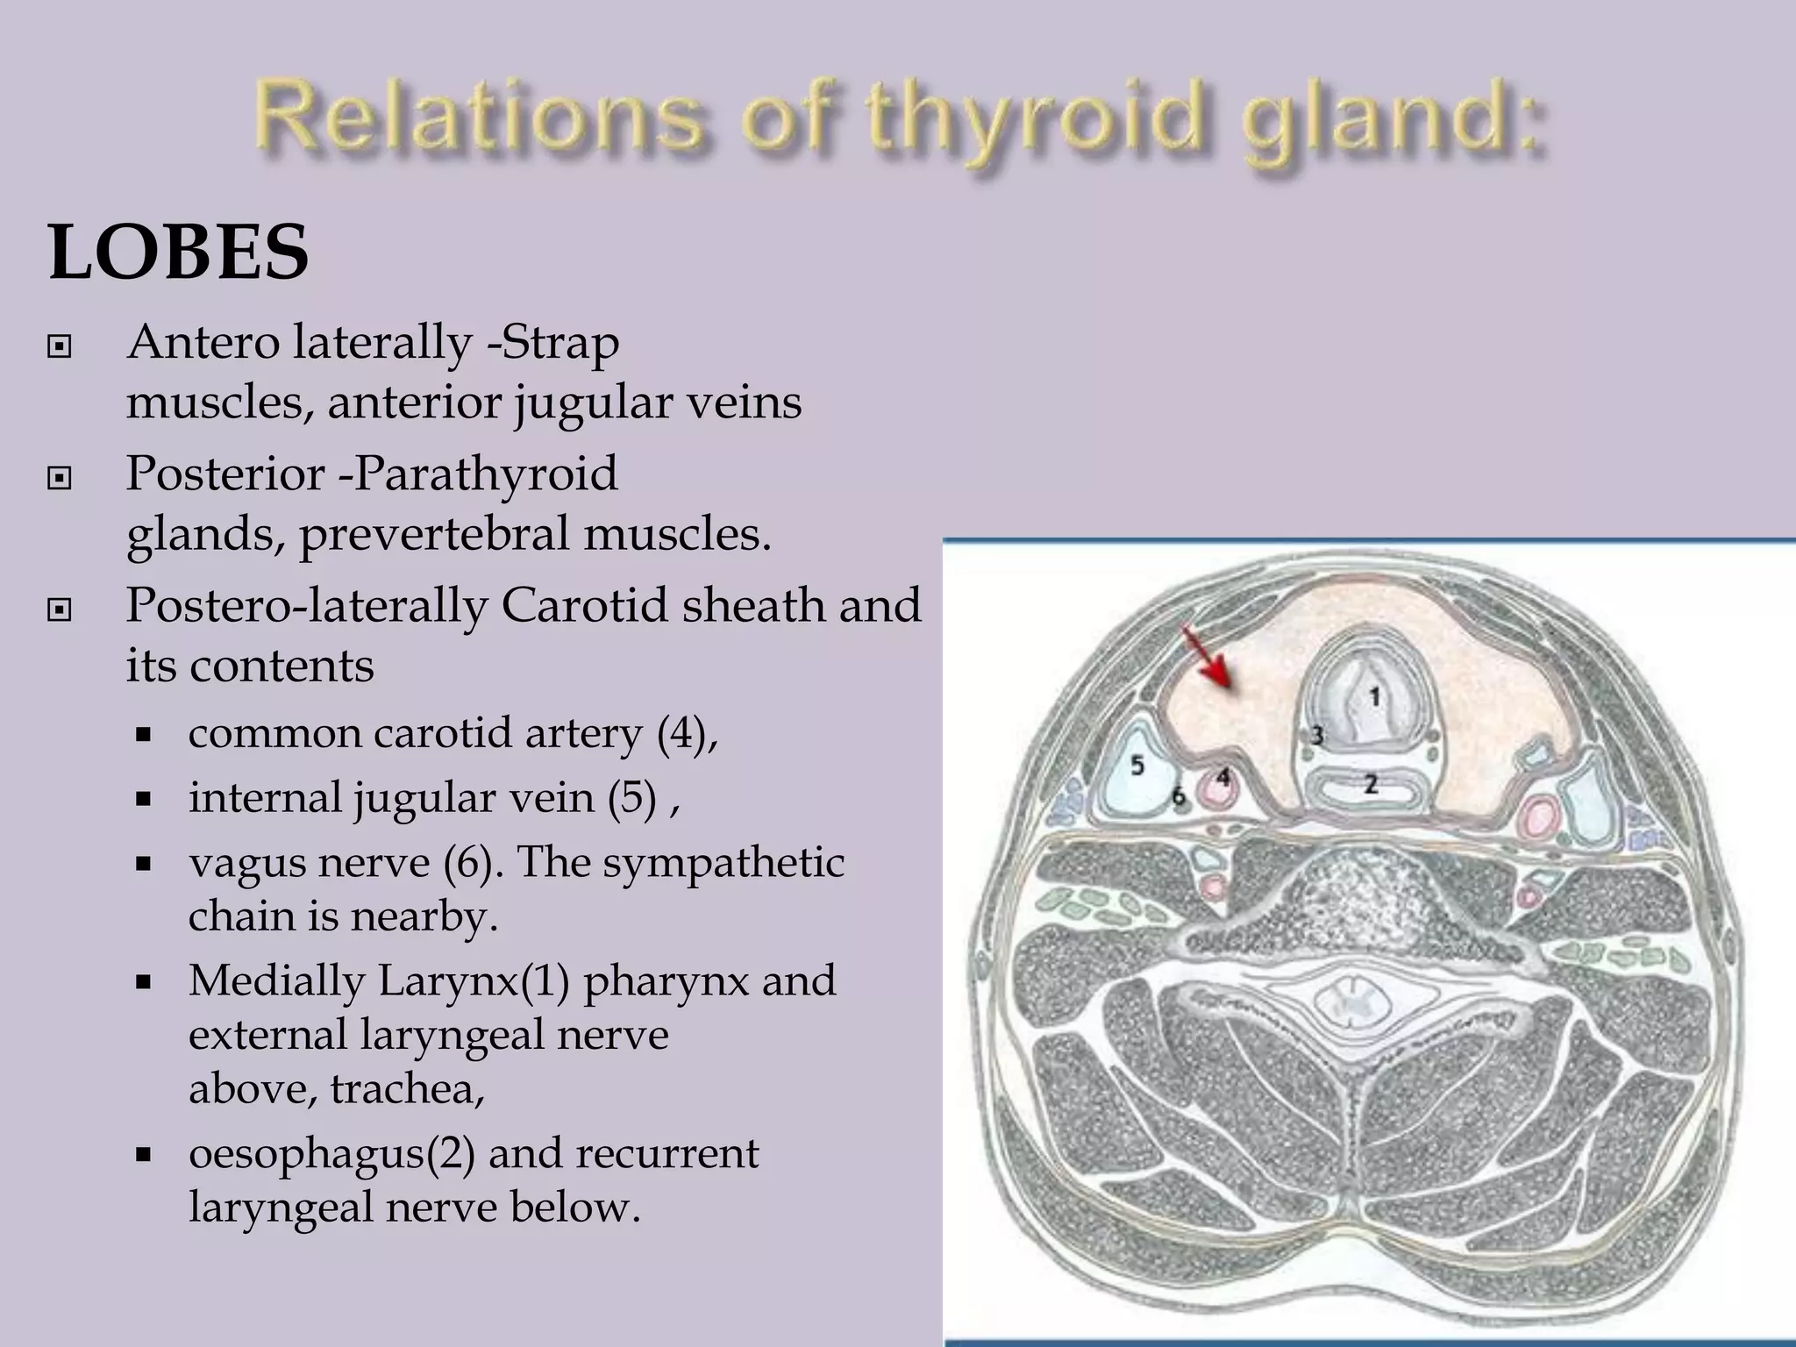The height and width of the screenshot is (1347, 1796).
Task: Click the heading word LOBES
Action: (x=179, y=253)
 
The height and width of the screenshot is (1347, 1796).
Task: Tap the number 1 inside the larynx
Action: (x=1374, y=697)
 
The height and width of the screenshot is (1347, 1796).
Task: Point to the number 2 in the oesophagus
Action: (x=1371, y=783)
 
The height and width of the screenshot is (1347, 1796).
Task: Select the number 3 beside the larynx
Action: (x=1316, y=735)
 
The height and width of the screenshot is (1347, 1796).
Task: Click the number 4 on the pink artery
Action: (x=1222, y=778)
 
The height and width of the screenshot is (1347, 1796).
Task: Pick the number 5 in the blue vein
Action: (x=1137, y=766)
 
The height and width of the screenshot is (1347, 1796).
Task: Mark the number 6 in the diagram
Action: (x=1180, y=795)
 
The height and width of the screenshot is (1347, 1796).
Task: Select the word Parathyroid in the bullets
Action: (x=486, y=474)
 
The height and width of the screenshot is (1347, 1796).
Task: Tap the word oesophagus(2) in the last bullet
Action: (x=331, y=1152)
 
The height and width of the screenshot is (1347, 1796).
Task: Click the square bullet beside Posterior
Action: (x=59, y=478)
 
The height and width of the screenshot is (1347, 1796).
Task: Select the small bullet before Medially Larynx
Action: (x=145, y=981)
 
